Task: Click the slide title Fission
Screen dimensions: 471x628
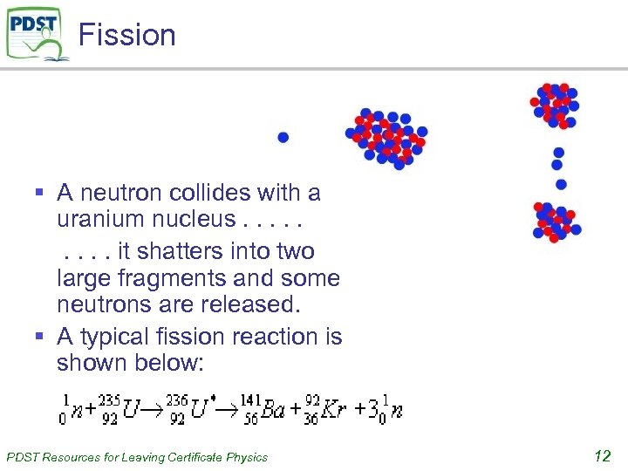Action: click(x=127, y=35)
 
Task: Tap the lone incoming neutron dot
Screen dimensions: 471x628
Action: click(x=283, y=138)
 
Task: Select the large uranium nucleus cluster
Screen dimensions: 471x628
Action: click(x=386, y=138)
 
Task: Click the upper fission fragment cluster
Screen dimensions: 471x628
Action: click(x=555, y=105)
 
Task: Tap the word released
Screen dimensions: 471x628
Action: click(x=248, y=305)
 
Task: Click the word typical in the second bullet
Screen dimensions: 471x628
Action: click(x=114, y=336)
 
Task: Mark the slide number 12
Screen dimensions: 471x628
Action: click(x=602, y=454)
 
